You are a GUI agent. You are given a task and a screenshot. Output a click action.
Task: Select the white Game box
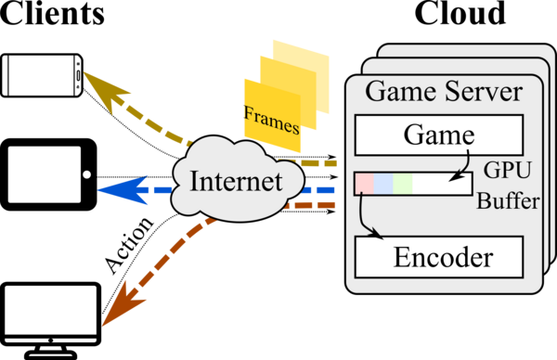439,136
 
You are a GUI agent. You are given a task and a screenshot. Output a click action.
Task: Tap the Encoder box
439,255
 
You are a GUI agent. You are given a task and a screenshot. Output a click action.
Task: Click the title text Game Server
443,93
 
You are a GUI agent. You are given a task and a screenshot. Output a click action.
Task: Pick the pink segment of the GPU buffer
364,184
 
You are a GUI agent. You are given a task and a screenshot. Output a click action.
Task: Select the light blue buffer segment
382,184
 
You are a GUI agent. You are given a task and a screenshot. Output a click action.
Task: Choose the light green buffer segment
402,184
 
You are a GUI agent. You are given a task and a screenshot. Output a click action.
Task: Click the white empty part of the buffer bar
442,184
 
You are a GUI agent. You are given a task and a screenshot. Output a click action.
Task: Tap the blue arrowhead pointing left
116,190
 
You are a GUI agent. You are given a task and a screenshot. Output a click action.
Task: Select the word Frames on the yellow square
271,119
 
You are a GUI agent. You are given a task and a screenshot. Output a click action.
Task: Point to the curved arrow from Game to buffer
464,162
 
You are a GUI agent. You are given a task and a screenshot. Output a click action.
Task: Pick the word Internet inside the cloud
236,181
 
